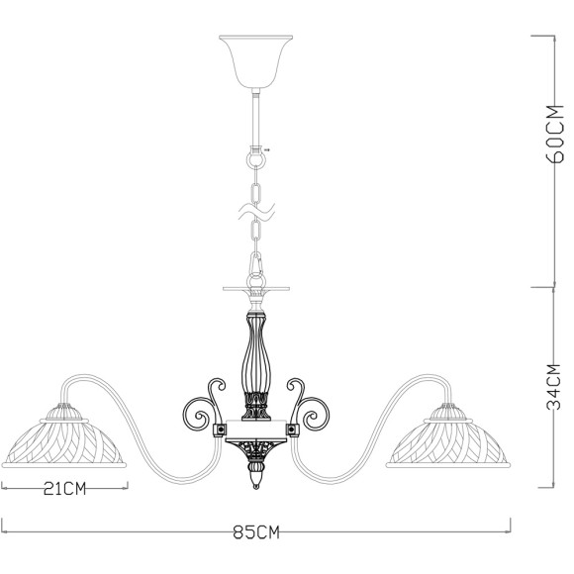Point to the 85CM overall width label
[x=255, y=533]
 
